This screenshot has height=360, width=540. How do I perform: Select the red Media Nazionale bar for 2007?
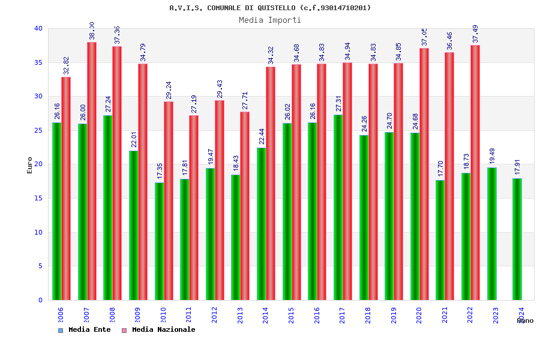[x=92, y=171]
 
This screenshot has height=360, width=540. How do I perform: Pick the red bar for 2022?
[x=475, y=173]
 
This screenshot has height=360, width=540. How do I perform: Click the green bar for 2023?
[x=491, y=234]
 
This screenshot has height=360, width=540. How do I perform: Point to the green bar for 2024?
[x=517, y=239]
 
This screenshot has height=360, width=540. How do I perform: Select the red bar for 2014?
[x=271, y=184]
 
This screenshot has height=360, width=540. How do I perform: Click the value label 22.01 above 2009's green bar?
[x=134, y=139]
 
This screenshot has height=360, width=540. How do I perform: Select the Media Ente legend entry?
[x=85, y=330]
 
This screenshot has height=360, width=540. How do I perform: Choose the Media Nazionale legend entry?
[x=159, y=330]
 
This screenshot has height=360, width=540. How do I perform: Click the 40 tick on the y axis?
[x=38, y=28]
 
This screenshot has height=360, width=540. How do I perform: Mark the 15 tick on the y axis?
[x=38, y=198]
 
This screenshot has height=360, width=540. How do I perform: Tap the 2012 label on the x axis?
[x=215, y=315]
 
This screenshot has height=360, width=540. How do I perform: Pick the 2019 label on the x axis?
[x=394, y=315]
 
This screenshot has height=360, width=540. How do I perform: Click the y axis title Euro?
[x=30, y=165]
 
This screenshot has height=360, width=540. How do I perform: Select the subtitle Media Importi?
[x=270, y=20]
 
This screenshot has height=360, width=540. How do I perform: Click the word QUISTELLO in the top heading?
[x=276, y=8]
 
